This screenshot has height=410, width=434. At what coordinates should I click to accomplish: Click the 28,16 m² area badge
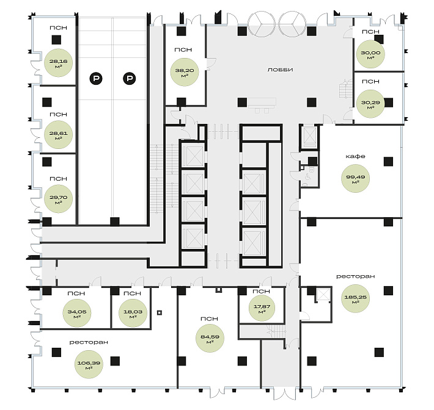pos(59,63)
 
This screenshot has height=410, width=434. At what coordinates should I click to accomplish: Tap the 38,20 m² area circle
pos(185,72)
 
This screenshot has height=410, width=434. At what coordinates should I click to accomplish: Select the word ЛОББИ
pos(280,70)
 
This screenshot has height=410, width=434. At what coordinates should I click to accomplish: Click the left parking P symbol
pos(96,79)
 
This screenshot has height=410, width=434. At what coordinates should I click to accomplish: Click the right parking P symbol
pos(129,79)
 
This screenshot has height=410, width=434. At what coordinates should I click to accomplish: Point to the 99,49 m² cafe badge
pos(355,179)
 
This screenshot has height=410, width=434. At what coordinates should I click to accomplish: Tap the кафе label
pos(355,156)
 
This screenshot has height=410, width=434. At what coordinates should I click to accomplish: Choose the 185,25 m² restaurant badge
pos(355,299)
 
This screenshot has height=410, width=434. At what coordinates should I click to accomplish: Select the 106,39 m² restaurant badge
pos(89,364)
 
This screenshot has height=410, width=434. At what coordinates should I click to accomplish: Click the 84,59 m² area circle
pos(210,339)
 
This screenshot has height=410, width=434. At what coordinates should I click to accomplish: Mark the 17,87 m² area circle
pos(262,308)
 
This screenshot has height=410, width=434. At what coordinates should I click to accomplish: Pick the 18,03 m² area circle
pos(133,314)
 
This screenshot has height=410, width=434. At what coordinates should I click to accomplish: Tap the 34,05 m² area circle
pos(77,314)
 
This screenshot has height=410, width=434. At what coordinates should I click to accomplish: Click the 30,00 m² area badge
pos(370,54)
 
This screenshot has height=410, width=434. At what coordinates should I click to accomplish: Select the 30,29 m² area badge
pos(370,104)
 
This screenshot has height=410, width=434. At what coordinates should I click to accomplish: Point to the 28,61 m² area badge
pos(58,135)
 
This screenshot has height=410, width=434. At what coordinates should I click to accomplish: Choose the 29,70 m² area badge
pos(58,199)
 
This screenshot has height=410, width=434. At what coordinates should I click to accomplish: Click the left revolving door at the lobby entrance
pos(261,24)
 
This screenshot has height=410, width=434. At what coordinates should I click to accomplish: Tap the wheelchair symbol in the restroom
pos(308,176)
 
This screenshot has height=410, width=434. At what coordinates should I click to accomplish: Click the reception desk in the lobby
pos(262,103)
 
